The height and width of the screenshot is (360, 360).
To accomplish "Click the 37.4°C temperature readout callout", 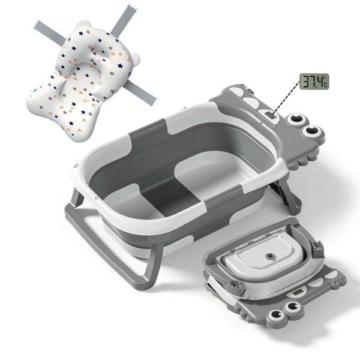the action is (314, 82).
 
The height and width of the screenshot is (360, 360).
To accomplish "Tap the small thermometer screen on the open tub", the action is (270, 115).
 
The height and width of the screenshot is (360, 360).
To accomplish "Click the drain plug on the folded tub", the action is (269, 256).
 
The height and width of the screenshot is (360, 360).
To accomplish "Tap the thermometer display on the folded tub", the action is (298, 292).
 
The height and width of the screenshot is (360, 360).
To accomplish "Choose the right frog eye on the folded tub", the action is (293, 307).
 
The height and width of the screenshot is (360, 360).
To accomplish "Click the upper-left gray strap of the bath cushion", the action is (49, 32).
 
